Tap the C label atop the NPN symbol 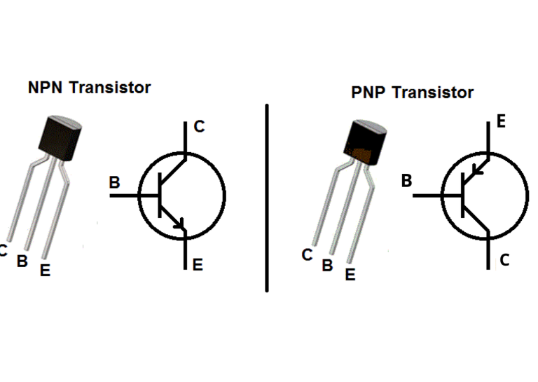click(x=199, y=126)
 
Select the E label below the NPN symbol click(x=198, y=265)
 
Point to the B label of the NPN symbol click(x=114, y=182)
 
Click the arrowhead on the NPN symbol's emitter click(x=179, y=224)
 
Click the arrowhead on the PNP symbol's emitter click(x=477, y=169)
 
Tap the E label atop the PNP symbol click(x=501, y=121)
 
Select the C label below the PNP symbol click(x=504, y=260)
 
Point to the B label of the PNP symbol click(x=406, y=181)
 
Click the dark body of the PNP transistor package click(x=365, y=142)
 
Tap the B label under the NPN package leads click(x=22, y=261)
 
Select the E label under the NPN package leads click(x=46, y=271)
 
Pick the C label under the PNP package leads click(x=307, y=255)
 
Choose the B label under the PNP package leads click(x=327, y=266)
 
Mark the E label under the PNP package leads click(x=350, y=275)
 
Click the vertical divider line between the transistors click(x=267, y=198)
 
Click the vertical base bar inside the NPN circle click(x=160, y=196)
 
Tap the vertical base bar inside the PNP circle click(x=463, y=196)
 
